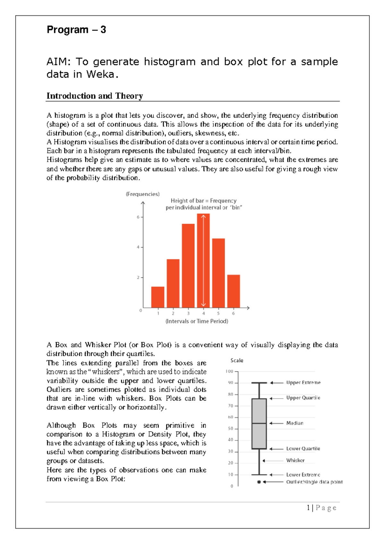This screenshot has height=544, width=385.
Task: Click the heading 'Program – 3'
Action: pos(76,30)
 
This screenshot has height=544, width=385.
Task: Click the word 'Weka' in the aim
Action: pos(100,74)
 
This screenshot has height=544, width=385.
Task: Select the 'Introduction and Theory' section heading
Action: pos(95,96)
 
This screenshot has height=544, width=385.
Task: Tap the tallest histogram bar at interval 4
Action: pos(203,260)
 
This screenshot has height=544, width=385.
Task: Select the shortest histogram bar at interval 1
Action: pos(158,297)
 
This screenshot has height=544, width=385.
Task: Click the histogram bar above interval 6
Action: pos(234,291)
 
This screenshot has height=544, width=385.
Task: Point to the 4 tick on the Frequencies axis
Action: pos(138,247)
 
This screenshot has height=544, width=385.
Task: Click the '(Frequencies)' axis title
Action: pos(142,194)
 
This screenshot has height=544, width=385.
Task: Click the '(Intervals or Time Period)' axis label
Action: pos(197,321)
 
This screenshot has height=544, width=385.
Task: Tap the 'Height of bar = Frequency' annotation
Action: pos(203,201)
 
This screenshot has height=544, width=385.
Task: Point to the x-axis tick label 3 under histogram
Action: pos(188,313)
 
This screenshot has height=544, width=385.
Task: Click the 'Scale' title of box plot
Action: pos(237,361)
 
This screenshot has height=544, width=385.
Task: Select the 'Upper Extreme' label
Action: pos(303,383)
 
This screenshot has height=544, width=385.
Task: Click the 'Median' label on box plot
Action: pos(295,423)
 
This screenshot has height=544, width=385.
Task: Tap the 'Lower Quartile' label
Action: pos(303,448)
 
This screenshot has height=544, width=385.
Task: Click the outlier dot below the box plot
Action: pos(259,482)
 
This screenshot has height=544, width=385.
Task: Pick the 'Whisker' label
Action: pos(295,460)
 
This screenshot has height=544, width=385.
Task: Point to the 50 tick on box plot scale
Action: pos(231,429)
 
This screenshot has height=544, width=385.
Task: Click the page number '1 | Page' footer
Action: pos(321,508)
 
